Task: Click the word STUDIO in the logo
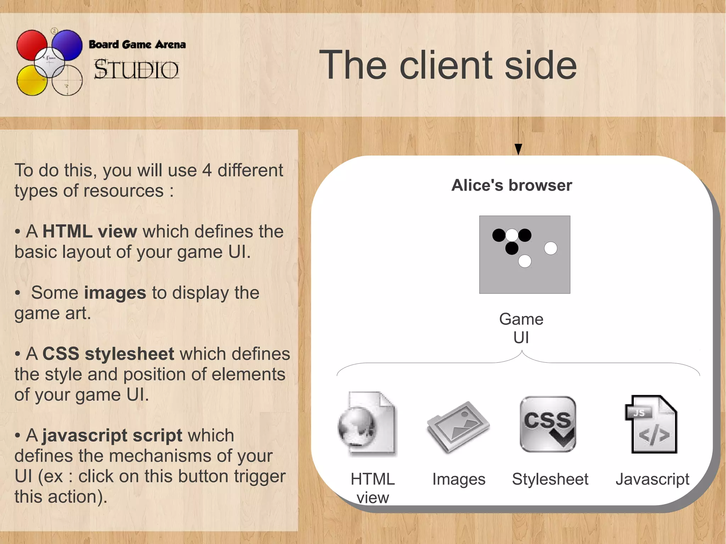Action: (x=136, y=69)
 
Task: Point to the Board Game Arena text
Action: (x=137, y=44)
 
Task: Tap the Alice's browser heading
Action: (x=512, y=185)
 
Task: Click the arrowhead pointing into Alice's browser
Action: (x=518, y=149)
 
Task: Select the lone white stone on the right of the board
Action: (x=551, y=248)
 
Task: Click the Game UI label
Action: (x=521, y=328)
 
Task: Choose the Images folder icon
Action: (x=458, y=426)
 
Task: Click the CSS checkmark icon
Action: (x=548, y=424)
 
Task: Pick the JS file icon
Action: (x=652, y=424)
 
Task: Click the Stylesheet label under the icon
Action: (x=550, y=479)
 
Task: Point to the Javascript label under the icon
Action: (x=652, y=479)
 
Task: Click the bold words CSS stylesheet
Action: (x=108, y=354)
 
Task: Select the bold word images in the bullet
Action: (x=115, y=293)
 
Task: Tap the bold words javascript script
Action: (x=112, y=436)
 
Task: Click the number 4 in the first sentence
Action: (x=207, y=170)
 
